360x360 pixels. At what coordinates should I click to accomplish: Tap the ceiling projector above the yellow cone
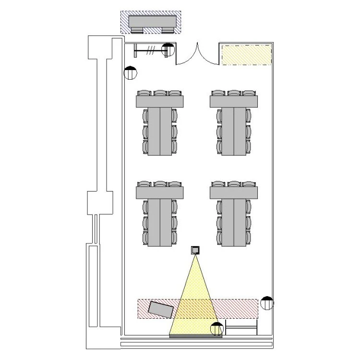(195, 250)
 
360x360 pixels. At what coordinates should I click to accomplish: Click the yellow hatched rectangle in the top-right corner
(246, 55)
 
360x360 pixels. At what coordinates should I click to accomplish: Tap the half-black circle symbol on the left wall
(130, 73)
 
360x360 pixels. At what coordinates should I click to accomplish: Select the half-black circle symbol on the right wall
(266, 303)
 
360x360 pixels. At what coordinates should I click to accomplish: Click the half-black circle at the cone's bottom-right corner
(217, 329)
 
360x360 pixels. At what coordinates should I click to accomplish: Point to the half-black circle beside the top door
(168, 49)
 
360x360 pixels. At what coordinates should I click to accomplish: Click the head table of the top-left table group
(160, 102)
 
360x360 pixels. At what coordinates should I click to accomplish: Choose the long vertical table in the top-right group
(234, 131)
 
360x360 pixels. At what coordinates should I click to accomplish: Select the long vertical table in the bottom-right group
(234, 222)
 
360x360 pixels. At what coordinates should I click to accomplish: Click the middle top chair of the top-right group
(234, 93)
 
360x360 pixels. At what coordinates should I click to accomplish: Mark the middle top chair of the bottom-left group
(160, 184)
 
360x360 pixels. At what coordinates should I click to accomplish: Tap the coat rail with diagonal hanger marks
(149, 49)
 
